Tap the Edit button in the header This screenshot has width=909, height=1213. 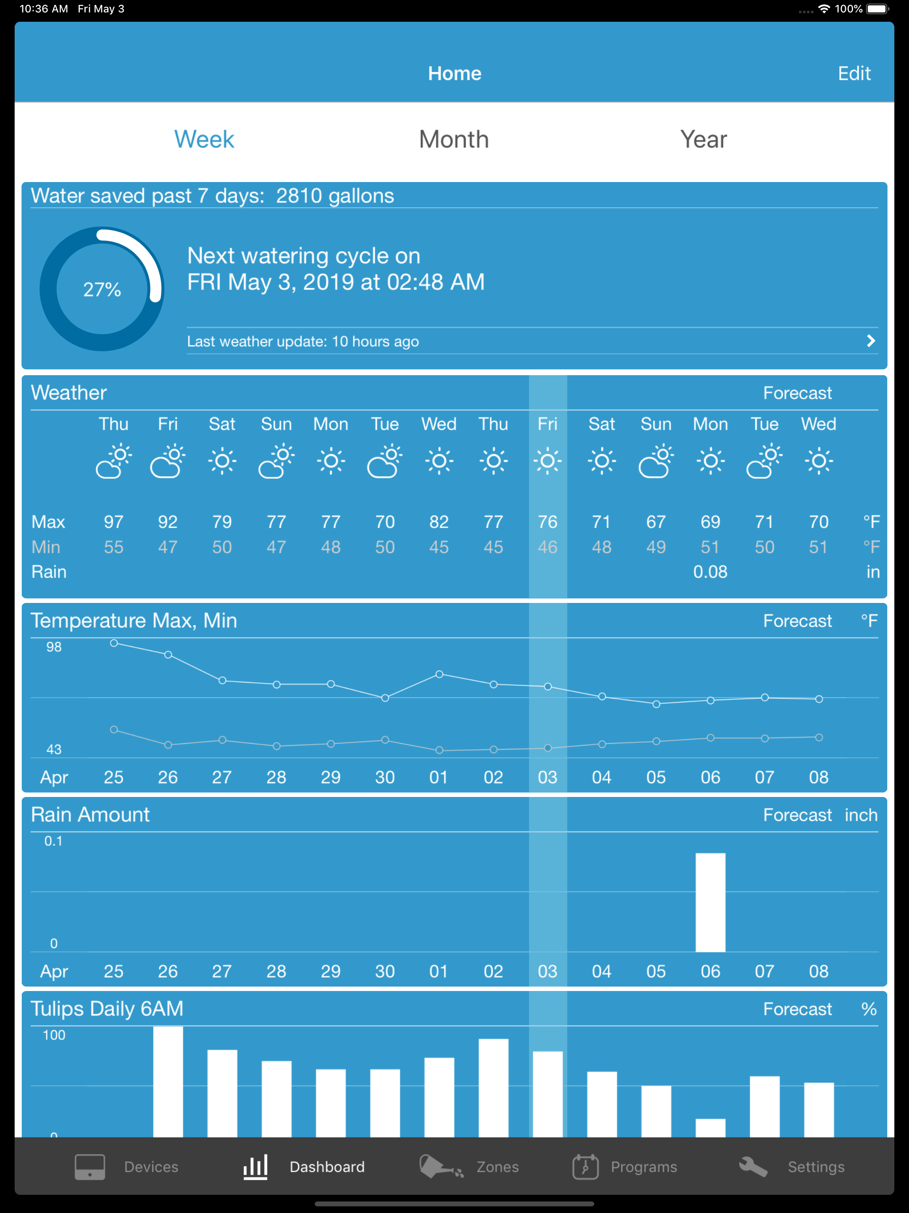[x=854, y=74]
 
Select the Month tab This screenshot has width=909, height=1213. [x=454, y=139]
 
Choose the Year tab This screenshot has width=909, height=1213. [x=703, y=139]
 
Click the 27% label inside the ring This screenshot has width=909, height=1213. [x=102, y=289]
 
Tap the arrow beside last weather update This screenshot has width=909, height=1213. [x=871, y=341]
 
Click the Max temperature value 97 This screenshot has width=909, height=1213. [x=114, y=522]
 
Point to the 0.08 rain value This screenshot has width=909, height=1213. [x=710, y=572]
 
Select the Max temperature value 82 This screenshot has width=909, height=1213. [x=439, y=522]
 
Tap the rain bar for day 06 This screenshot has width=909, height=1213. [x=710, y=902]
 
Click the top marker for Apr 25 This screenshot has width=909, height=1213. [x=114, y=643]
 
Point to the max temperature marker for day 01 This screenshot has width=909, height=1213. [x=439, y=674]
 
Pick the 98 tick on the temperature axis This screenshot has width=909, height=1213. [x=54, y=647]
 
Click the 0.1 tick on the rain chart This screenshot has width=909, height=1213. [x=53, y=841]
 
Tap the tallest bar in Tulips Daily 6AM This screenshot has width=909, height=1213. [x=168, y=1082]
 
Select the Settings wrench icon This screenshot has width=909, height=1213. [x=753, y=1166]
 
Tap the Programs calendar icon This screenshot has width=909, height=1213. [x=585, y=1166]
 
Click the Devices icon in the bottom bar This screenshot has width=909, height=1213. [x=90, y=1166]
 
